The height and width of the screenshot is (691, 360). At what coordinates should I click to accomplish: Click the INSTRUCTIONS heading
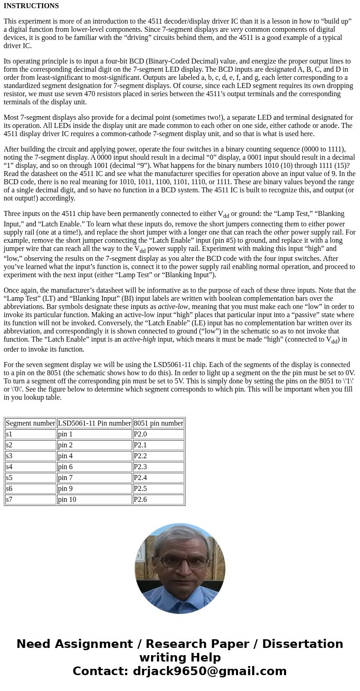coord(31,6)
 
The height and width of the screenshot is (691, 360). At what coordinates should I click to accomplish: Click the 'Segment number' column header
coord(30,423)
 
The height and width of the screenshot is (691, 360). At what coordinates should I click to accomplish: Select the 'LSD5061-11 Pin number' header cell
coord(94,423)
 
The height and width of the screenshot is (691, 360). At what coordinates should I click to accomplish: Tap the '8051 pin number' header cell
coord(158,423)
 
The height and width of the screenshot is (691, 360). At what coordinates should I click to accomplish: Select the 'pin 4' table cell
coord(65,456)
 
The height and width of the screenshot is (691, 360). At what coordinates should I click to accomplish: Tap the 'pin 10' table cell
coord(67,500)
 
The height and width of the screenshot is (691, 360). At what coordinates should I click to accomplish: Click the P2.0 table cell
coord(140,434)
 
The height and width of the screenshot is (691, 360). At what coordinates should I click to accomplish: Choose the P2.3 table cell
coord(140,467)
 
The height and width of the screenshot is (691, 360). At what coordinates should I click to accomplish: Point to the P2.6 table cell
coord(140,500)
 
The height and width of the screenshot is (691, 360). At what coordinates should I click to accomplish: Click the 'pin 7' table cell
coord(65,478)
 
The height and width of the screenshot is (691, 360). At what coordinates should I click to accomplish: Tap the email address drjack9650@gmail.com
coord(209,671)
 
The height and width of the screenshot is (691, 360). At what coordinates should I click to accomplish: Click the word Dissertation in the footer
coord(302,644)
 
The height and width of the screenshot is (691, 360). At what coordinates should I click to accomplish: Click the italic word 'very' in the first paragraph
coord(236,29)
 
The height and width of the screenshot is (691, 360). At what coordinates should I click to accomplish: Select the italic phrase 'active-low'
coord(173,307)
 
